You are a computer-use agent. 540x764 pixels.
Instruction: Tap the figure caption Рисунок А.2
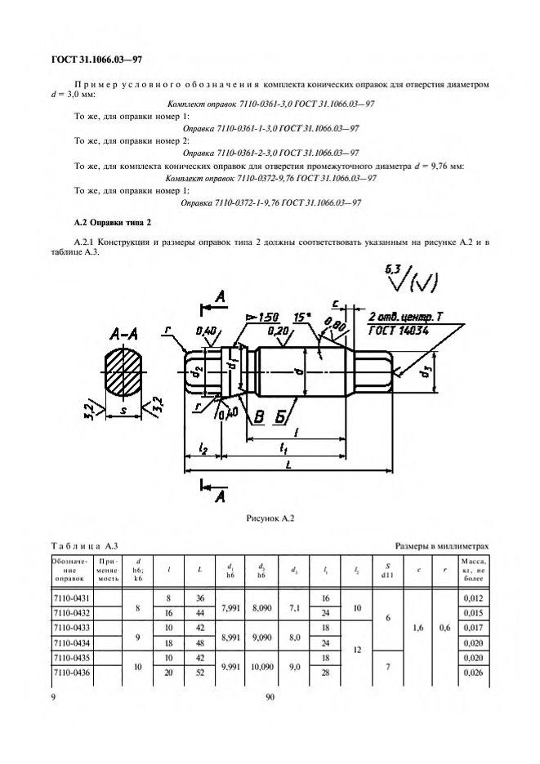tap(269, 517)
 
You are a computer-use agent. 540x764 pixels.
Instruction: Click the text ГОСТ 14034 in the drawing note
tap(397, 330)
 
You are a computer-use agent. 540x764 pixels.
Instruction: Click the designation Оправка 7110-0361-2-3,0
tap(270, 152)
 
